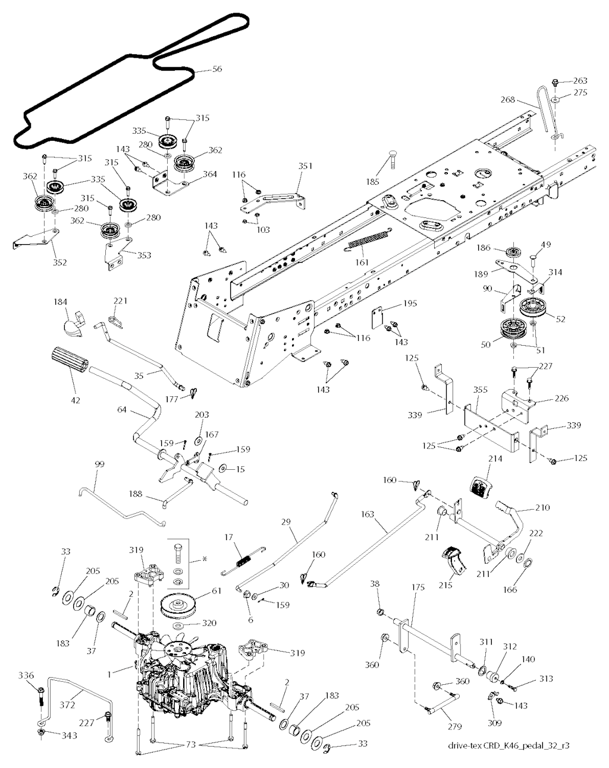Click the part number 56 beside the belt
(x=217, y=69)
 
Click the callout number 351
(x=304, y=167)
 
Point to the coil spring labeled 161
(x=367, y=241)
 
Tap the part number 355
(x=480, y=390)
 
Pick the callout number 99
(x=99, y=463)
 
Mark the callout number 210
(x=542, y=508)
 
